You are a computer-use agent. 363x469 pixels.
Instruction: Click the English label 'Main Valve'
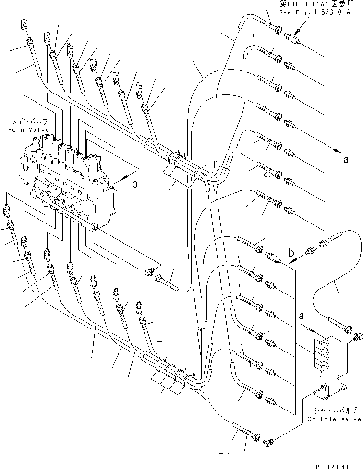click(x=23, y=130)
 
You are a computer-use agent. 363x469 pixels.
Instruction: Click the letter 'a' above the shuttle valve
click(x=301, y=317)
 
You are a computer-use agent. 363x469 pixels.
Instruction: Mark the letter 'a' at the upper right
click(x=346, y=160)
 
